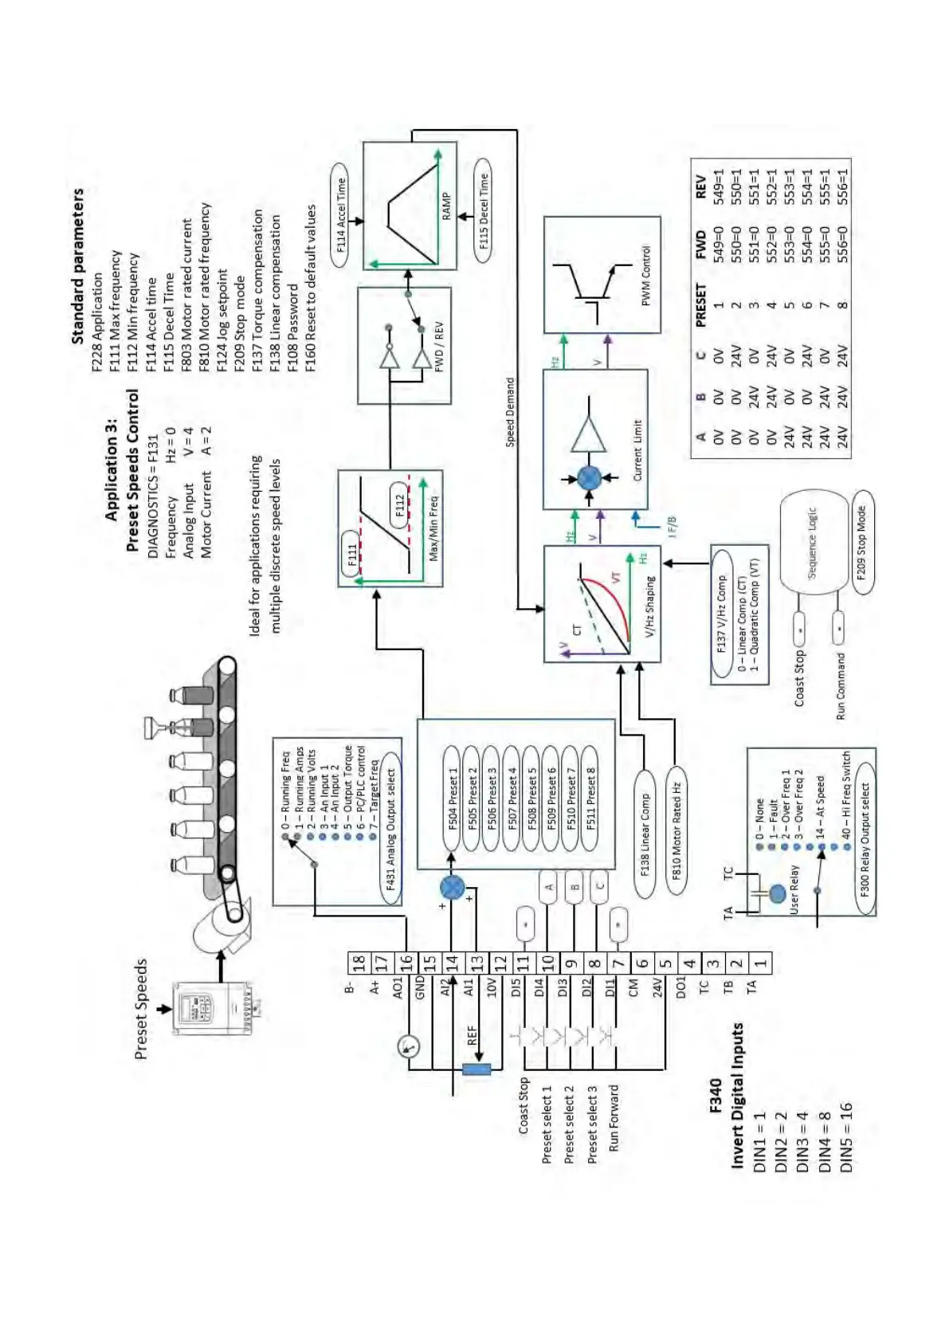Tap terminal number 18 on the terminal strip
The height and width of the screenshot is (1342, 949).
coord(359,962)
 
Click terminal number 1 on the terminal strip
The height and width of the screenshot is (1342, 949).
coord(761,962)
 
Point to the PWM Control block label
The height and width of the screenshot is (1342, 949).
coord(645,275)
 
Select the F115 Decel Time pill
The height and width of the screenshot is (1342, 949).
coord(484,211)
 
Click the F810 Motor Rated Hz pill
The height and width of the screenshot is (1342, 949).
coord(676,830)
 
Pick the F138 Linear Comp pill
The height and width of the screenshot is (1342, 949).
coord(644,834)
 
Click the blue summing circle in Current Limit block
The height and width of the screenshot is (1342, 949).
coord(589,478)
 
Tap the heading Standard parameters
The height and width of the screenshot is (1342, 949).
coord(77,265)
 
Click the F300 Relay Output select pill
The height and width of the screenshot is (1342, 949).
coord(865,839)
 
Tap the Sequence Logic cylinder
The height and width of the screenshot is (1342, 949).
coord(811,543)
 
